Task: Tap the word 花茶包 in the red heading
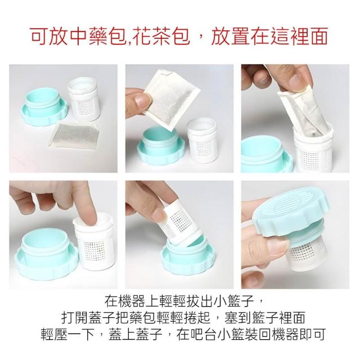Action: click(x=161, y=37)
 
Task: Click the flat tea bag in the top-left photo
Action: click(x=74, y=136)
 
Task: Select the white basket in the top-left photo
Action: click(x=83, y=99)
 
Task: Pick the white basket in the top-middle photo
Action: click(x=202, y=140)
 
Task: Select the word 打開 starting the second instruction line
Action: click(x=75, y=318)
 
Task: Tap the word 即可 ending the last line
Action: click(x=313, y=334)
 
